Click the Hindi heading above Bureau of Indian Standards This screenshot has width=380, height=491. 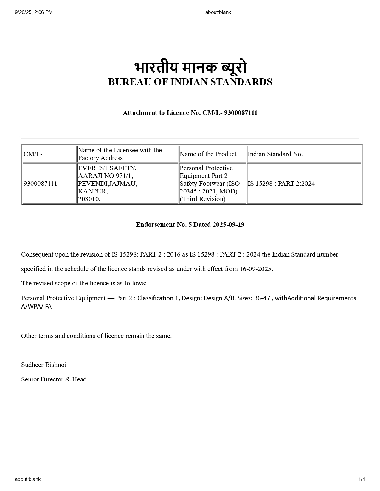coord(190,68)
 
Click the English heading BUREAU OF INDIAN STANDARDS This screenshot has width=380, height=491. coord(190,82)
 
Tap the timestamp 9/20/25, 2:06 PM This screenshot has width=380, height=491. coord(34,12)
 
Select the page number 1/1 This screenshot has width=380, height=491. coord(362,479)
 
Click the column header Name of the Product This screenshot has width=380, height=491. coord(208,154)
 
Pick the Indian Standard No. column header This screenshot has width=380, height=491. coord(275,154)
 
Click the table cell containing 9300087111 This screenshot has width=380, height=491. coord(40,184)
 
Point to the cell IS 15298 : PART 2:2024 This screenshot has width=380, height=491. coord(281,184)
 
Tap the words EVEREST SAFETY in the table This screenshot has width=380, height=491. coord(107,168)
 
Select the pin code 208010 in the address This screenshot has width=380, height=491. coord(89,199)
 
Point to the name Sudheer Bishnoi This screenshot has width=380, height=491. coord(44,365)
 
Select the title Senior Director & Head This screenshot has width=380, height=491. coord(54,379)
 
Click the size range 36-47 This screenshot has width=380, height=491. coord(262,298)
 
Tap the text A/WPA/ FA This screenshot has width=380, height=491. coord(36,307)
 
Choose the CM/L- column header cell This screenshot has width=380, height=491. coord(33,154)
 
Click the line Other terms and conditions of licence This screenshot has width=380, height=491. coord(96,336)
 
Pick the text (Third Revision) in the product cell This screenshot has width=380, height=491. coord(203,199)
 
